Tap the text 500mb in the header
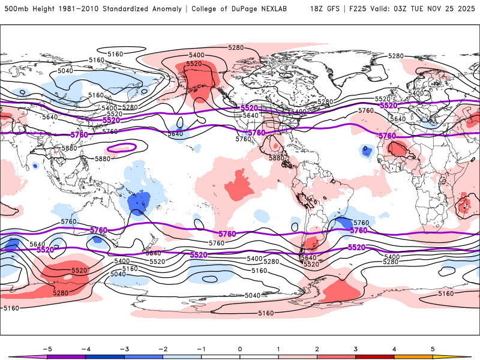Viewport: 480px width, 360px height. click(x=15, y=9)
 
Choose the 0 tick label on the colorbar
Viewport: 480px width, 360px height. click(x=240, y=348)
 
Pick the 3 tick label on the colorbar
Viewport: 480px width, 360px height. click(x=356, y=348)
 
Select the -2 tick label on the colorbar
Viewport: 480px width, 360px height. click(x=162, y=348)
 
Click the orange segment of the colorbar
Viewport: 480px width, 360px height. click(x=414, y=356)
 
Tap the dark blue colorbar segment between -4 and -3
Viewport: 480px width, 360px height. click(x=104, y=356)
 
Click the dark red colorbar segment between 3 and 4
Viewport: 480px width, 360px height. click(x=375, y=356)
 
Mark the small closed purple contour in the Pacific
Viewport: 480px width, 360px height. click(x=121, y=148)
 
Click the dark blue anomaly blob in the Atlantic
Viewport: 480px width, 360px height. click(x=365, y=151)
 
